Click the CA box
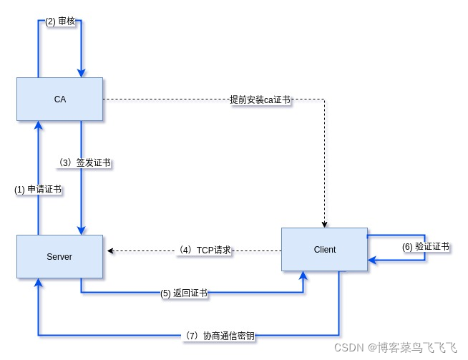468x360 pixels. click(59, 99)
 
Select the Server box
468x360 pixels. click(59, 256)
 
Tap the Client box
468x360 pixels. click(324, 249)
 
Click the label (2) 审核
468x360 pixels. click(60, 21)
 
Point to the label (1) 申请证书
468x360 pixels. click(38, 190)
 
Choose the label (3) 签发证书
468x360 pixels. click(84, 162)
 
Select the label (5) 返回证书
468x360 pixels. click(184, 293)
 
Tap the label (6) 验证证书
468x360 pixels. click(425, 247)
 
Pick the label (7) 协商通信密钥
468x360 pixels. click(219, 335)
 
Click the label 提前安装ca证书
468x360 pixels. click(260, 99)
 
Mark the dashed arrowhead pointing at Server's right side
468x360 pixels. click(110, 251)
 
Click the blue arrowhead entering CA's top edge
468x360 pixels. click(81, 72)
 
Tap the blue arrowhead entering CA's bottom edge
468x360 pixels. click(38, 125)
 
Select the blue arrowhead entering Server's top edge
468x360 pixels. click(81, 230)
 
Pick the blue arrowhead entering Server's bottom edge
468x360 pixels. click(38, 283)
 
